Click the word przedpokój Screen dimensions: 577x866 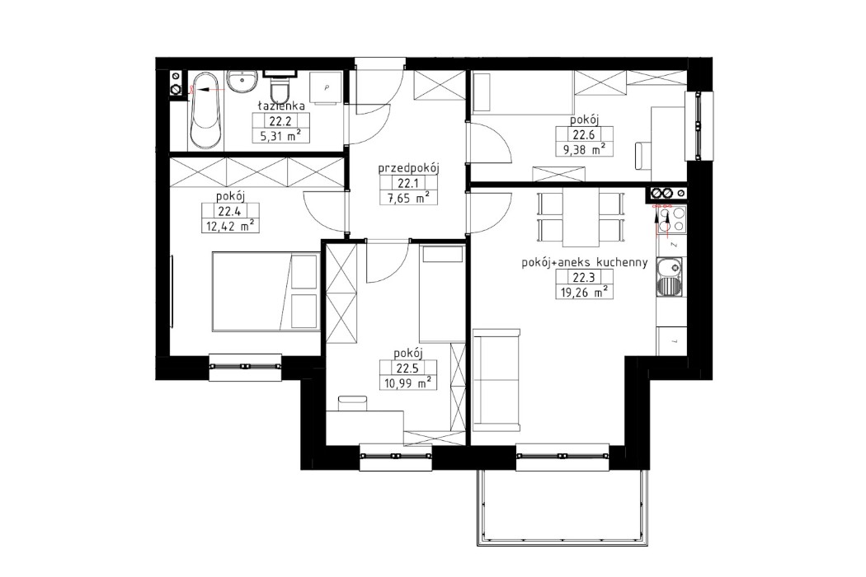[x=407, y=169]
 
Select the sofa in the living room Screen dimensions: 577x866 [x=497, y=379]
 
